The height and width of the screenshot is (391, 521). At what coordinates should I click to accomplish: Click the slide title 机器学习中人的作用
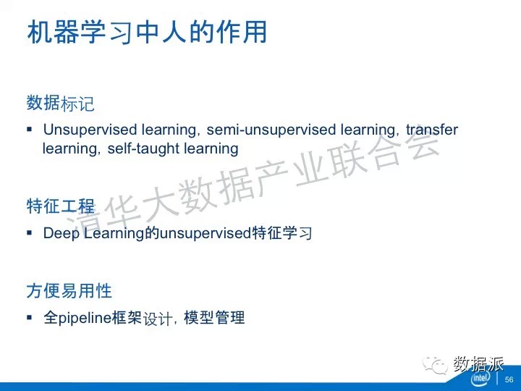coord(147,33)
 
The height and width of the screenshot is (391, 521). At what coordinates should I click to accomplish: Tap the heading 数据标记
coord(61,103)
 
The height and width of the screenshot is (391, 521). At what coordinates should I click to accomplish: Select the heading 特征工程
coord(61,206)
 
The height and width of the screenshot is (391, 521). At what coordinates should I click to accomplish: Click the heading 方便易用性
coord(69,290)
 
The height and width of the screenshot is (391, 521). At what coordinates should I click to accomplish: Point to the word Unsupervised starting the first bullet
coord(90,130)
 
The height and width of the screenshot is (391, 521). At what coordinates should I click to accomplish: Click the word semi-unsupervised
coord(271,130)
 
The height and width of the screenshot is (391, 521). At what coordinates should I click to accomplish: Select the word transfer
coord(432,130)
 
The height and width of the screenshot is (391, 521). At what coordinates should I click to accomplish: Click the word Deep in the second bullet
coord(62,233)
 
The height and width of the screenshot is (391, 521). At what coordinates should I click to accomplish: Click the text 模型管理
coord(214,318)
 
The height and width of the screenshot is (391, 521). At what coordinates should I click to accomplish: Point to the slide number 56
coord(509,379)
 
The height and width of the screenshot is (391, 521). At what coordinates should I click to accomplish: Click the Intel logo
coord(480,378)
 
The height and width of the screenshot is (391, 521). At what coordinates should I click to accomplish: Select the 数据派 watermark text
coord(478,363)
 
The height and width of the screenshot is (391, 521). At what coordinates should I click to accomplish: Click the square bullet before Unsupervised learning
coord(30,129)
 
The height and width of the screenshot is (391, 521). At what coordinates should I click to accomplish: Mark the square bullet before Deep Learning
coord(30,232)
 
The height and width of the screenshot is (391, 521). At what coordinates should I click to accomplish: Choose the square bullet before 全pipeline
coord(30,318)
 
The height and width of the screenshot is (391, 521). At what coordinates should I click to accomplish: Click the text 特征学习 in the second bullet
coord(282,232)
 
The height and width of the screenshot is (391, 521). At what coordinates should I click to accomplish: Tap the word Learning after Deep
coord(114,233)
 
